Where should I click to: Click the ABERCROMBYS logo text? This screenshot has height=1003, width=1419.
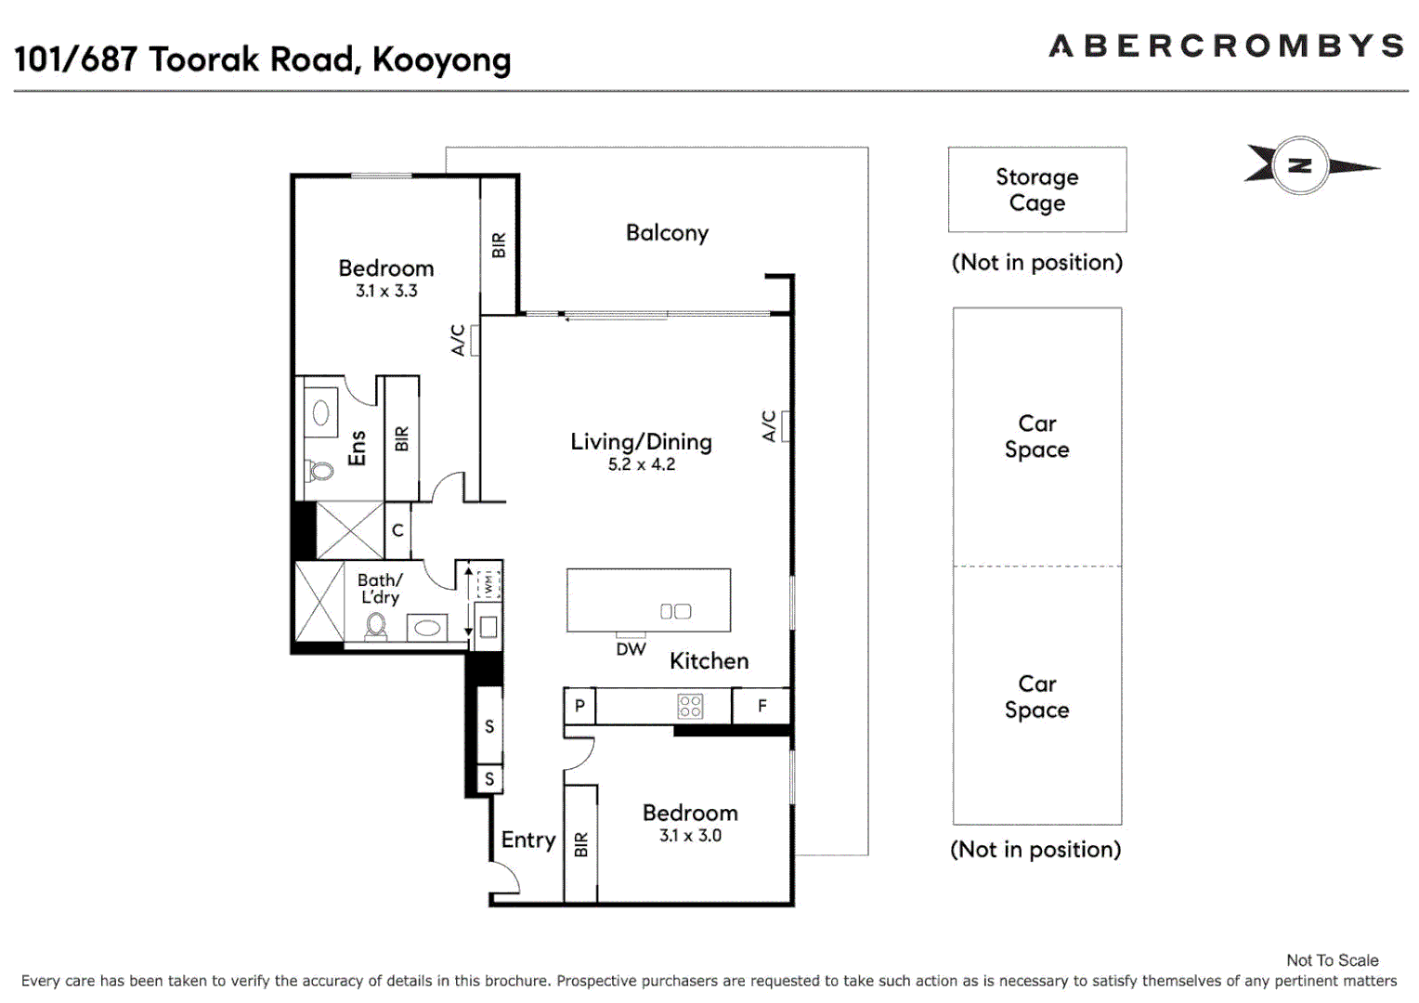[1226, 46]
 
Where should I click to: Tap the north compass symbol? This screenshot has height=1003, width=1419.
[1300, 166]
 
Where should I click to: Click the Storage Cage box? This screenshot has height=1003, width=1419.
[1036, 189]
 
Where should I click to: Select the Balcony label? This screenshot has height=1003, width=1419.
[667, 232]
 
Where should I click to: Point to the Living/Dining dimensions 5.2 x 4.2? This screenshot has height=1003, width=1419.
[641, 464]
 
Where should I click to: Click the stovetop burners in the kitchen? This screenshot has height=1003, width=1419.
[690, 706]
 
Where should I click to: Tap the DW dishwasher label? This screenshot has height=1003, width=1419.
[631, 649]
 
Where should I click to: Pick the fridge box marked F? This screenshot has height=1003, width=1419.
[762, 706]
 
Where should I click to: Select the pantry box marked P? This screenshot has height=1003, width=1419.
[579, 706]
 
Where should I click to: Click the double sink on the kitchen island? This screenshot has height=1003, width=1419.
[675, 611]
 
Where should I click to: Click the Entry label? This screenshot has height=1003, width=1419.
[527, 840]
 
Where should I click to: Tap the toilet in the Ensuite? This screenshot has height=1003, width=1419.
[320, 471]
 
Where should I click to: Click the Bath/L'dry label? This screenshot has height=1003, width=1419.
[380, 588]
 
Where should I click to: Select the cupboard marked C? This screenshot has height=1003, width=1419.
[397, 530]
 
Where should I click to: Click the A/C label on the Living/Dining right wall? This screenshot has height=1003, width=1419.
[769, 426]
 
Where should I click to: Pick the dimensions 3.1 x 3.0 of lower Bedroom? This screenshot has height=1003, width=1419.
[690, 836]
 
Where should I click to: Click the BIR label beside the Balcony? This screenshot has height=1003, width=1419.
[499, 245]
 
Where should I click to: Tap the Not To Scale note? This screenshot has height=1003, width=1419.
[1332, 960]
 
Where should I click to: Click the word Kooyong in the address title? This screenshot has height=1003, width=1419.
[441, 59]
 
